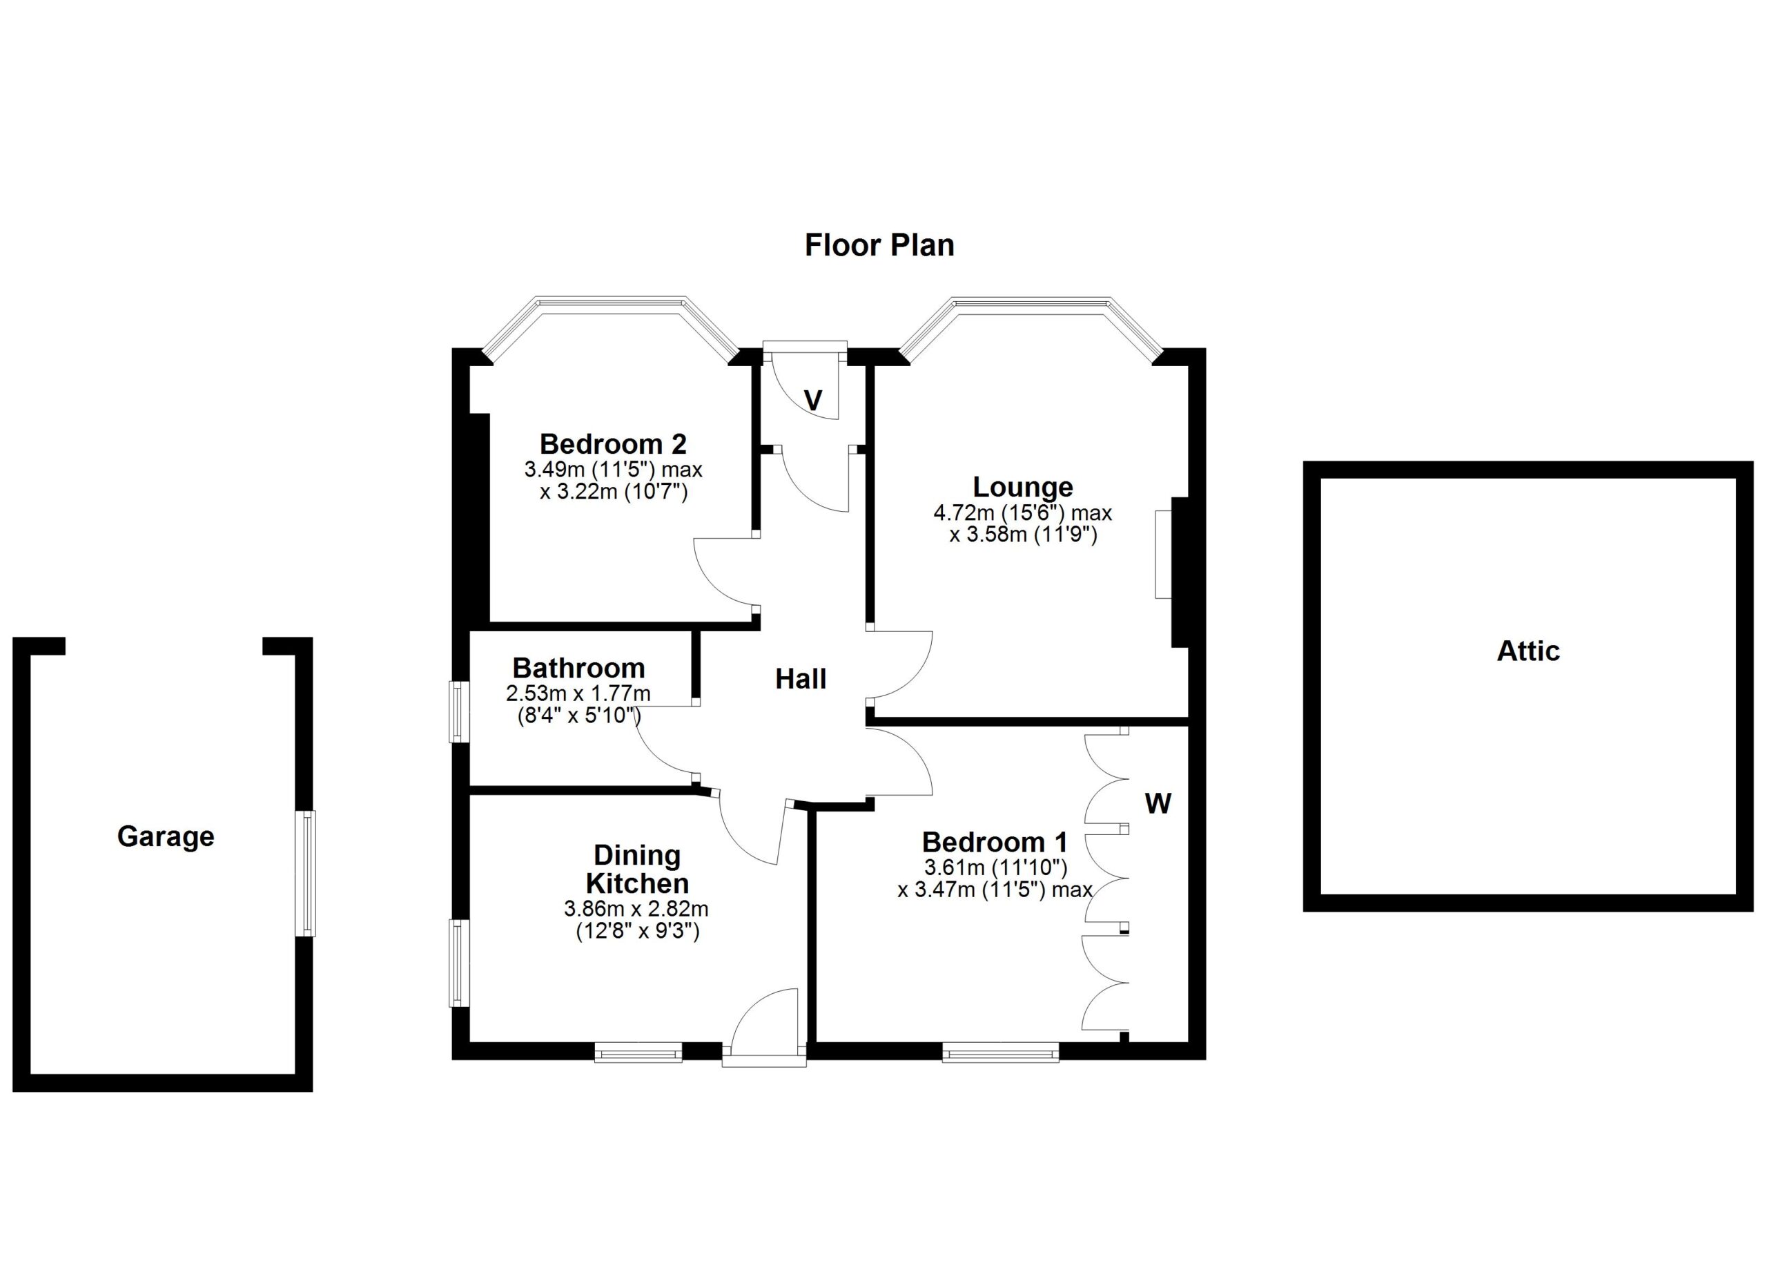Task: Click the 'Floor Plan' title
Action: point(879,244)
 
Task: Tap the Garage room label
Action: point(165,836)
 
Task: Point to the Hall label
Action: point(800,679)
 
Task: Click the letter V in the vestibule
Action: point(812,401)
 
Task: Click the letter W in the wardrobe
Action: point(1158,803)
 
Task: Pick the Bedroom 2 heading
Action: point(613,443)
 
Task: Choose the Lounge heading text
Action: point(1023,487)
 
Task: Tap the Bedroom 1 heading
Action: point(994,842)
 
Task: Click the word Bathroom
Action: point(578,668)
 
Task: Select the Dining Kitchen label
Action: point(637,869)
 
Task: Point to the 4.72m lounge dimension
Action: point(1022,513)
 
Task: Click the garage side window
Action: point(309,874)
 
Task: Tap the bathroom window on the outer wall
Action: point(460,712)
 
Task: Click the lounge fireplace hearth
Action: point(1162,554)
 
